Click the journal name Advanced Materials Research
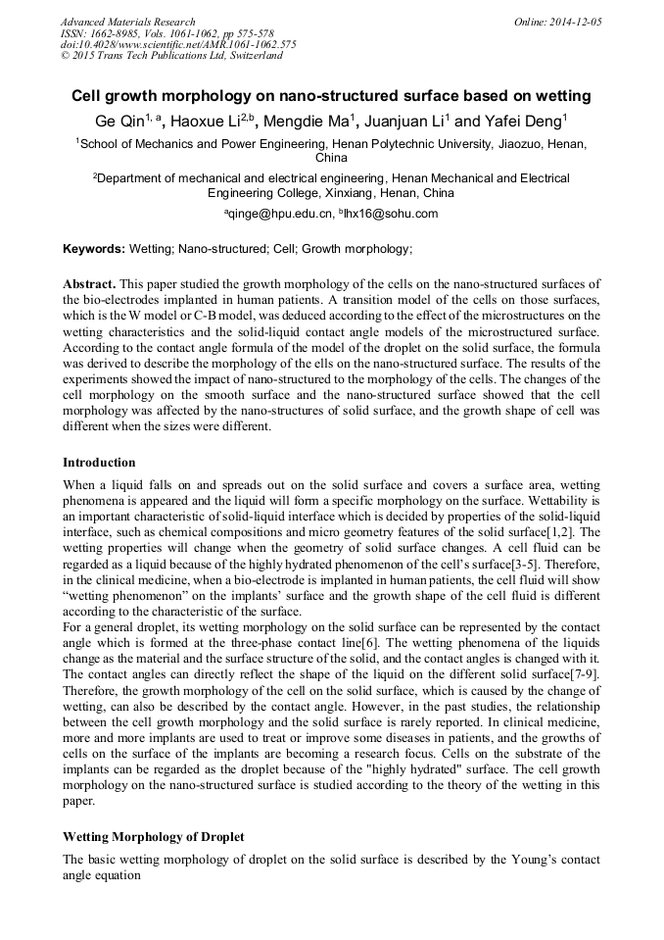click(x=127, y=22)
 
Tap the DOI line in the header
click(x=178, y=44)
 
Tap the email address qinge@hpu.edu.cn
click(x=280, y=214)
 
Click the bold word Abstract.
click(x=89, y=281)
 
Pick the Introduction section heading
click(x=99, y=462)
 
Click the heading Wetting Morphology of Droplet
click(x=153, y=838)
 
